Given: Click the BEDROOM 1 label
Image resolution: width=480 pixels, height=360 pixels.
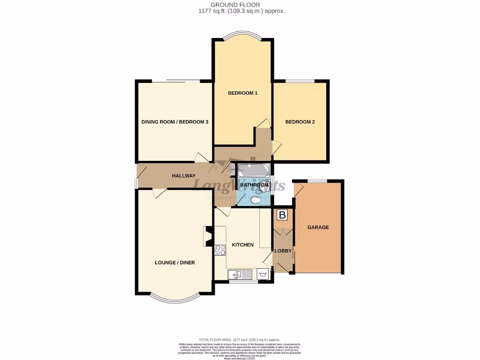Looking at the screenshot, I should [242, 93].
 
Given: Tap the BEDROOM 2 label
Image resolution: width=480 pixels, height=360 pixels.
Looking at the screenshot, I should [300, 122].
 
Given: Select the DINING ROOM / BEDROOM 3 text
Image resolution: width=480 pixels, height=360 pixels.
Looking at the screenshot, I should [175, 122].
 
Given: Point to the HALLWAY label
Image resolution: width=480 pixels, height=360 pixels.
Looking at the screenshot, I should [183, 176].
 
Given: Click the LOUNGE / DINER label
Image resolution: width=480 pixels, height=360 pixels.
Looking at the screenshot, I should [175, 262].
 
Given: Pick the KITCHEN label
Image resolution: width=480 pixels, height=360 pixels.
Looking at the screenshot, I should [242, 245].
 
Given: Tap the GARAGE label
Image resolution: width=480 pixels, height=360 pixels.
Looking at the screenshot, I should [318, 227].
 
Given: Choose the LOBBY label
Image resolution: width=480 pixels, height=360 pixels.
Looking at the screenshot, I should [283, 251].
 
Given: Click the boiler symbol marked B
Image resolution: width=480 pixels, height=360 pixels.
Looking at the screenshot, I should [282, 215].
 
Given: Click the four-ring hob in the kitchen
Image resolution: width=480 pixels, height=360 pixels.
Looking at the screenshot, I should [219, 250].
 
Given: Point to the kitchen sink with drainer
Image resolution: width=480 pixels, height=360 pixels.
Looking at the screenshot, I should [240, 274].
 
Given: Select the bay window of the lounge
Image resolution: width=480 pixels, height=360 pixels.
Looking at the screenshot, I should [175, 299].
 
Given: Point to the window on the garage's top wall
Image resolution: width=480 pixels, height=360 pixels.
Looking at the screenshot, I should [317, 180].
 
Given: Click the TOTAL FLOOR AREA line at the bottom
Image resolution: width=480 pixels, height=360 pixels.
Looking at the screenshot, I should [240, 339].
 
